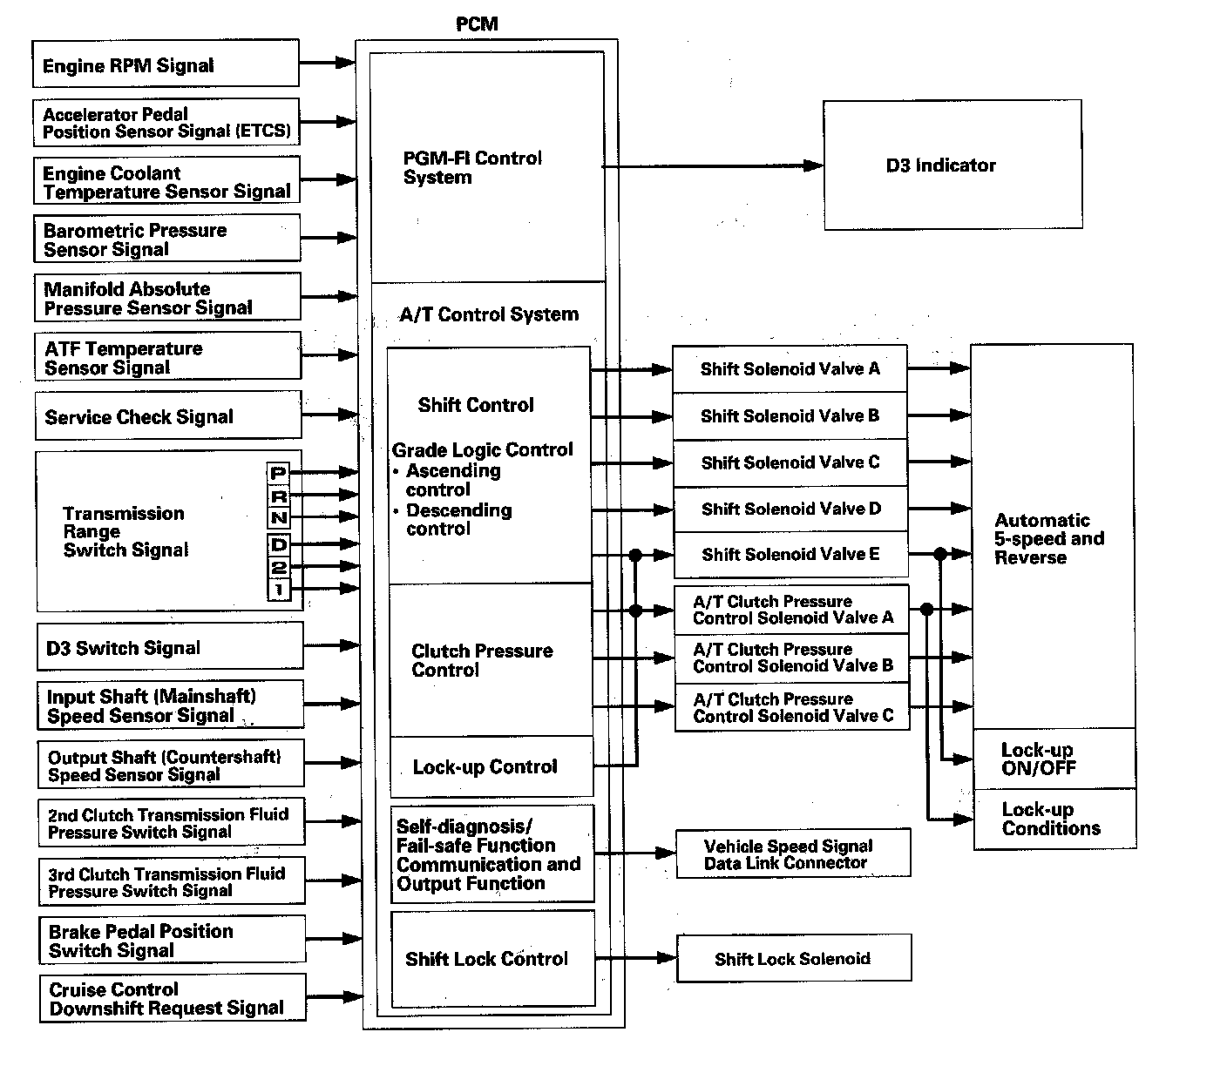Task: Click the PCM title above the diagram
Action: [x=477, y=24]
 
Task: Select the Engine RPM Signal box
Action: [x=166, y=64]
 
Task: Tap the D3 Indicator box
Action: [x=952, y=165]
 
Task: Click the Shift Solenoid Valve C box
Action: [x=790, y=462]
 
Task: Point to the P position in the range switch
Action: [x=278, y=473]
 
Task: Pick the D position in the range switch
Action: [x=278, y=545]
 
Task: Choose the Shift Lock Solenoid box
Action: [x=793, y=959]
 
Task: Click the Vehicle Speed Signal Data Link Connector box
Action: [x=793, y=854]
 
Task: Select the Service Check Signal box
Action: [x=168, y=416]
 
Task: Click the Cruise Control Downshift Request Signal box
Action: [x=173, y=999]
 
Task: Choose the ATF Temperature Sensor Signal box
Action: [x=168, y=357]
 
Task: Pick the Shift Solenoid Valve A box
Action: [x=790, y=369]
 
